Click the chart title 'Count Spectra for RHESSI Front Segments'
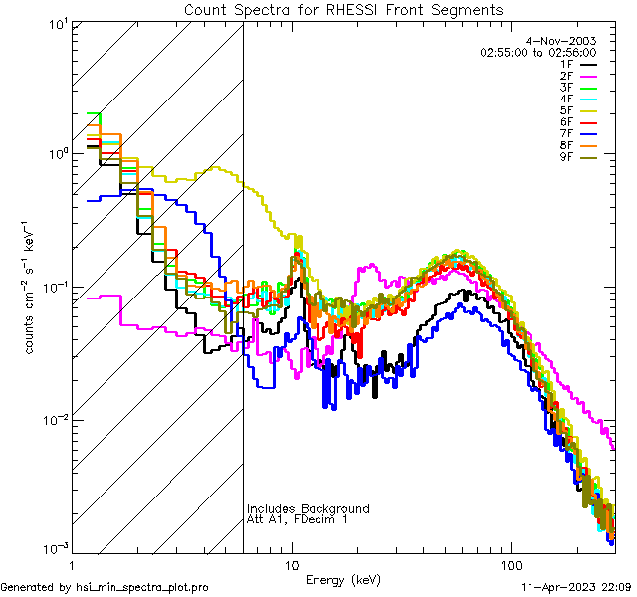(343, 10)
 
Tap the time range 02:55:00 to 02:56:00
(551, 51)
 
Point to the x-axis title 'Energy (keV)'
(343, 579)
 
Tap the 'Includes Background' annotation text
(309, 509)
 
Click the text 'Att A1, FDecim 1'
(298, 520)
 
